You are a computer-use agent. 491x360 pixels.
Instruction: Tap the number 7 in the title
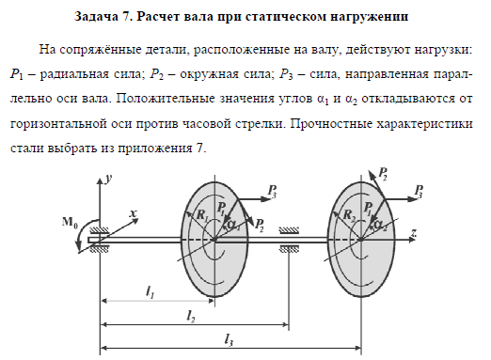[126, 17]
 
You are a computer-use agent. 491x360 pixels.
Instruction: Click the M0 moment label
[71, 222]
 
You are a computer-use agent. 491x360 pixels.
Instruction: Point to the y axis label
[109, 180]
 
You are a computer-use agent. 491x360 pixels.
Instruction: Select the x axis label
[133, 213]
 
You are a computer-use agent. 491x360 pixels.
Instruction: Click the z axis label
[414, 232]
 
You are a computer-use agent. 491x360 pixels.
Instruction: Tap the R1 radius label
[202, 215]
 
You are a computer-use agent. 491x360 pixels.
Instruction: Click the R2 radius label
[349, 215]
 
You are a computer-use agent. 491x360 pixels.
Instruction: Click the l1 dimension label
[150, 292]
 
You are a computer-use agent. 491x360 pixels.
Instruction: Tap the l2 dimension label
[191, 317]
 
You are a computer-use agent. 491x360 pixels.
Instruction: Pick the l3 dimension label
[229, 340]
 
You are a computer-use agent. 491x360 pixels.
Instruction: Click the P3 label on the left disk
[272, 191]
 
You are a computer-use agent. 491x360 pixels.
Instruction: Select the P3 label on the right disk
[419, 191]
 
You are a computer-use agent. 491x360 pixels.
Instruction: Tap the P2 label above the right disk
[383, 173]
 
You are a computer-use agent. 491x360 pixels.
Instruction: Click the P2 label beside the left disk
[259, 225]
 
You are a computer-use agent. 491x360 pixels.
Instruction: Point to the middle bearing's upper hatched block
[289, 231]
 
